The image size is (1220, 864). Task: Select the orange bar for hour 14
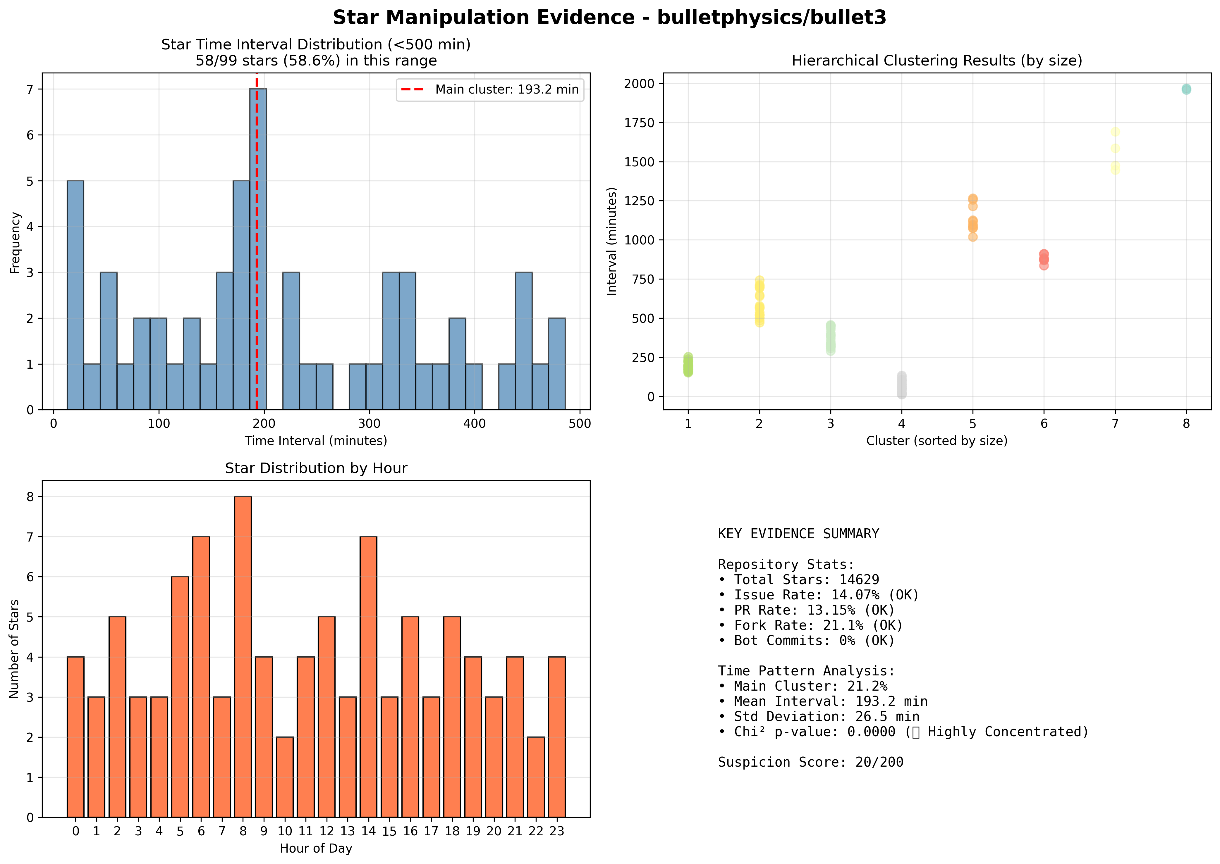(368, 677)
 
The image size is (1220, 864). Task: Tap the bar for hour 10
(285, 777)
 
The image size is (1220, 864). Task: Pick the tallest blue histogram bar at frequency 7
(258, 249)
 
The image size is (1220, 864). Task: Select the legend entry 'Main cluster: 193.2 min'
(490, 89)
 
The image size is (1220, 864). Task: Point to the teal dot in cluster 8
(1186, 89)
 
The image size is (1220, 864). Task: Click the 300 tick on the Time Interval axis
(370, 423)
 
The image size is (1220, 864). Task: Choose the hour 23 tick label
(557, 831)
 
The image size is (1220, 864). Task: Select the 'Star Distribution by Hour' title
(316, 468)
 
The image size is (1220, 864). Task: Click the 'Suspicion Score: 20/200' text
(811, 762)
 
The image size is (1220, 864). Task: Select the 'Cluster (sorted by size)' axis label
(937, 441)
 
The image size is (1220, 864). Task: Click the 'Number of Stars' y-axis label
(14, 649)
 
